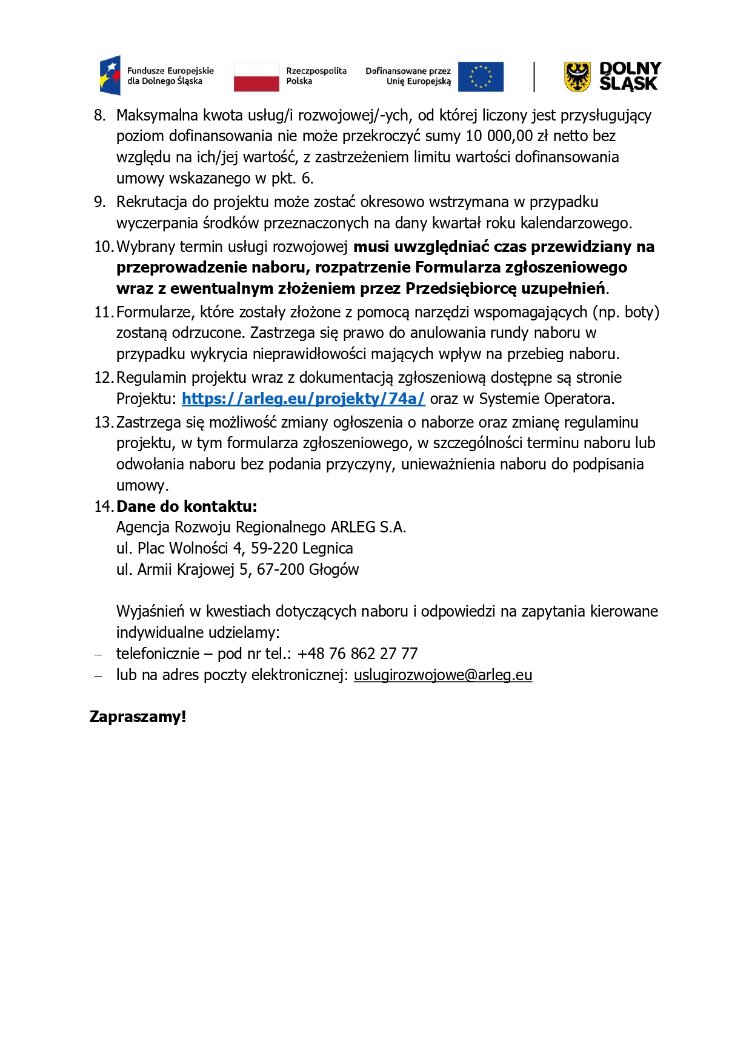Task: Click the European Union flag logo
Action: [x=481, y=77]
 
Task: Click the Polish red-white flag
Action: [x=256, y=77]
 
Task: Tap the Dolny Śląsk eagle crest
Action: [x=577, y=77]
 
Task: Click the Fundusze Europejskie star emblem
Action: [x=110, y=76]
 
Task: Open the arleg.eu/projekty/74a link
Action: [x=303, y=399]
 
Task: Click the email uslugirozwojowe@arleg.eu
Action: [x=442, y=675]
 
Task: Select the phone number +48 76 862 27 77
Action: [x=358, y=654]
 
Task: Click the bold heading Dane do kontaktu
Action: [x=187, y=506]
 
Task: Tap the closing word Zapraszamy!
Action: [x=138, y=717]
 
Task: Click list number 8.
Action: [x=99, y=115]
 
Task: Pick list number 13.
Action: [x=103, y=422]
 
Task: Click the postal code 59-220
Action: [x=274, y=548]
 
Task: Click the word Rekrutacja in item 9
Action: [x=151, y=202]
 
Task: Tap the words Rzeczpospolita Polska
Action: [x=316, y=76]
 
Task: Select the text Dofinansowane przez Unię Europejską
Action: [x=408, y=76]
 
